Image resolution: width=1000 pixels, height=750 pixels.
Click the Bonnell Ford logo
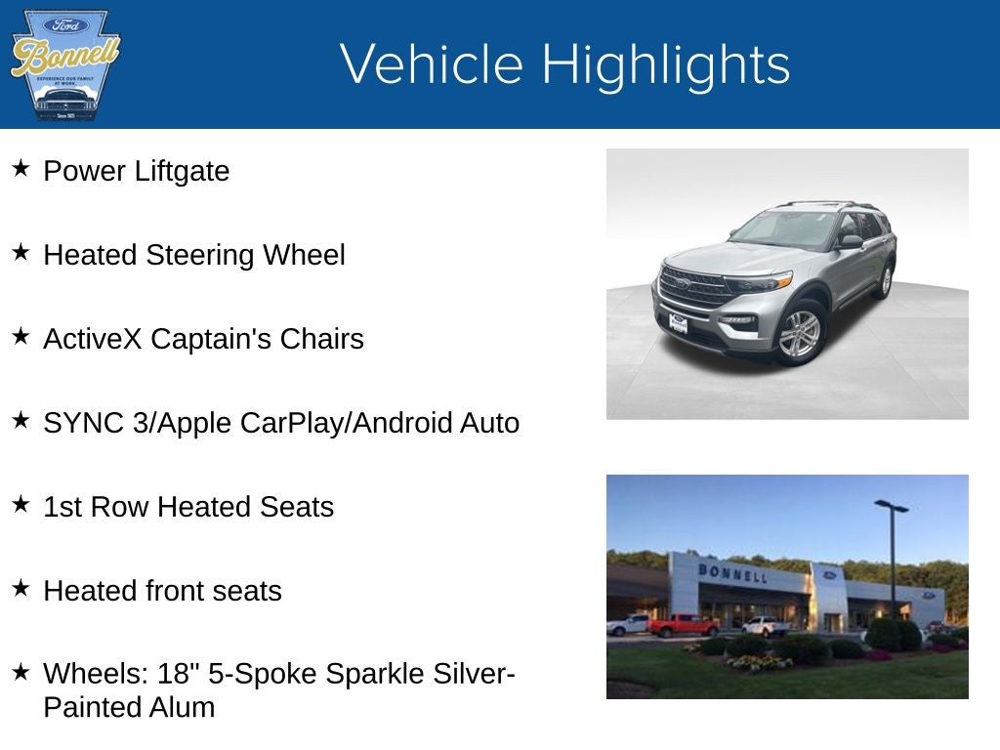click(x=64, y=64)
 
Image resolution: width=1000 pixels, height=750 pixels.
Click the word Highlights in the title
click(x=665, y=64)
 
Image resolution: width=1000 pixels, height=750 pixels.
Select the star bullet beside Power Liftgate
click(x=21, y=169)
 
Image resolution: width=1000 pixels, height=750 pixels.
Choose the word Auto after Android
click(x=490, y=423)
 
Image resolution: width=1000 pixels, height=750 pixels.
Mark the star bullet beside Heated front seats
click(x=21, y=589)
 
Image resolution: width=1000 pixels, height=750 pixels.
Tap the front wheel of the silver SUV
click(x=800, y=332)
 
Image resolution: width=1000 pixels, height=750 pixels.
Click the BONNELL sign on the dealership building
click(x=732, y=572)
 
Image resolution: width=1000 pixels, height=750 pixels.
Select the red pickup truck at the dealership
click(x=683, y=625)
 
